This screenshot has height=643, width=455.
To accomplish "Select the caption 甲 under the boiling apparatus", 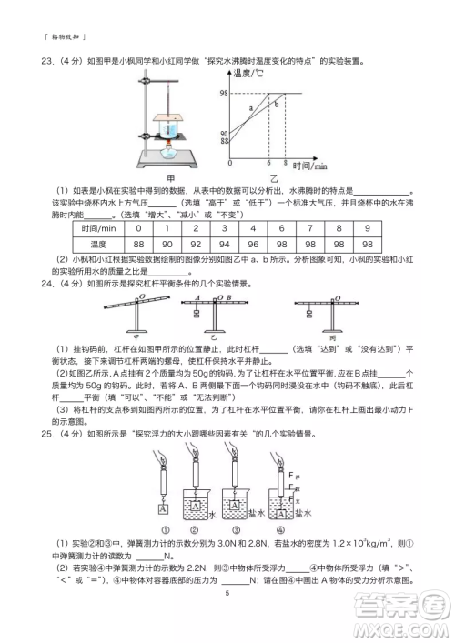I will point(170,176).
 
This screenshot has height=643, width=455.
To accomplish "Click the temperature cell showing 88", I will point(139,245).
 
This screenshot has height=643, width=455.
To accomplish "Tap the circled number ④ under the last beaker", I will point(280,532).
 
